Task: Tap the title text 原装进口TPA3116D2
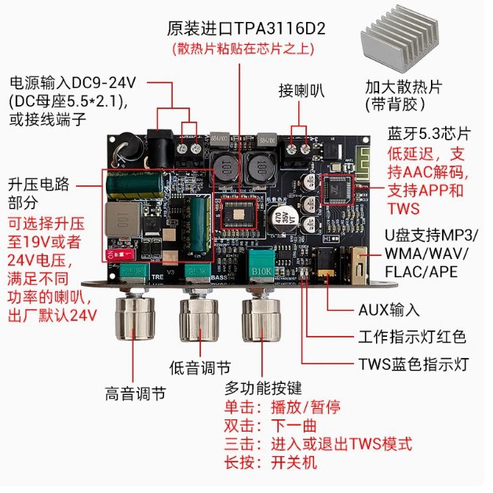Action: click(x=246, y=29)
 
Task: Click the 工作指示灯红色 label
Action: click(x=412, y=338)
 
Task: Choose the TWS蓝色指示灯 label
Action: click(x=413, y=364)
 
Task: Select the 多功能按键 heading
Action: click(x=263, y=388)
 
